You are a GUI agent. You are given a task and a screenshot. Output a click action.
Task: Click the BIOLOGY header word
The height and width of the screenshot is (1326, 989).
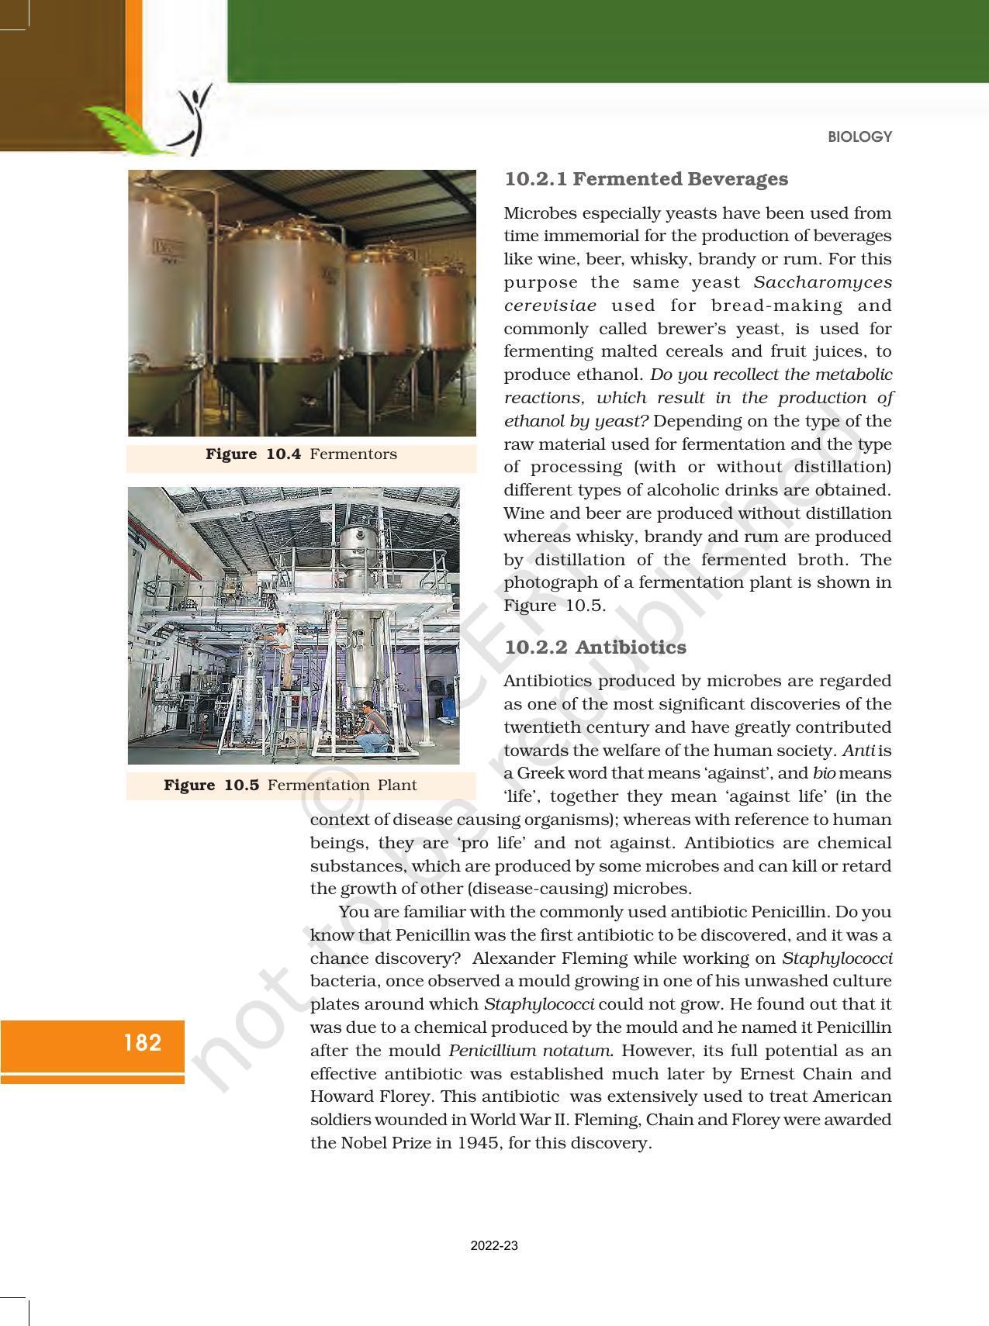859,137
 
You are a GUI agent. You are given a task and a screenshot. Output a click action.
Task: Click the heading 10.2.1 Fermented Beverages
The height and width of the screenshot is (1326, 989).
645,179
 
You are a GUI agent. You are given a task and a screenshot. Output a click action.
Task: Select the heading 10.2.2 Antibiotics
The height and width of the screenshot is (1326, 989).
595,647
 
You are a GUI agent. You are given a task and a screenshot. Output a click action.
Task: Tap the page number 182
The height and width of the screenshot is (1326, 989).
143,1043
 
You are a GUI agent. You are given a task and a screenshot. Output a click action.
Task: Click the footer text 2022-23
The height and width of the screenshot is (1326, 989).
494,1246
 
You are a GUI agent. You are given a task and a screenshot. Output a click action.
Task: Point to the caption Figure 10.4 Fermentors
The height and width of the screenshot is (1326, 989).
301,454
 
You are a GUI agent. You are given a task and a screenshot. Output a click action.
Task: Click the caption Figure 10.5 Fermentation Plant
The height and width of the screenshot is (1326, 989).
290,786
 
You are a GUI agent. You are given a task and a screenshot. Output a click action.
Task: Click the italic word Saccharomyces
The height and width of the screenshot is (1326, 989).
822,282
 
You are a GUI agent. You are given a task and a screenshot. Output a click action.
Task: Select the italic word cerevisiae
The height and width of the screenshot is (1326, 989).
550,306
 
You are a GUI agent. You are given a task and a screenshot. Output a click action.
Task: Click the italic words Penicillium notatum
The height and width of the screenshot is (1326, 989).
531,1051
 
